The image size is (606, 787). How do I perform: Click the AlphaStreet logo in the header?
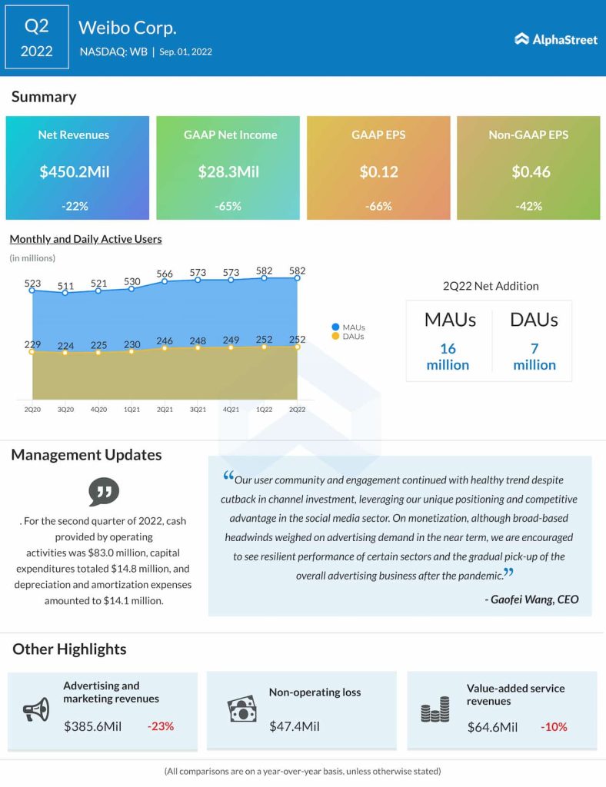[x=555, y=39]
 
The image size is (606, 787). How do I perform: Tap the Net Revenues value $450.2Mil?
[x=75, y=171]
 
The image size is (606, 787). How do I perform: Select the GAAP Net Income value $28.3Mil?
[x=228, y=171]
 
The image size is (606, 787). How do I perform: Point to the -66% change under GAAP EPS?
[x=378, y=206]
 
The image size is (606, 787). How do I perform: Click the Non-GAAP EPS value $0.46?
[x=531, y=171]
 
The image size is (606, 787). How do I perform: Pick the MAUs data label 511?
[x=65, y=287]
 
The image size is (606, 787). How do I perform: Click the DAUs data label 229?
[x=32, y=344]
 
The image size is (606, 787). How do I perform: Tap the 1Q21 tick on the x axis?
[x=132, y=410]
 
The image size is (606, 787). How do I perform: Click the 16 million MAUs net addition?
[x=448, y=357]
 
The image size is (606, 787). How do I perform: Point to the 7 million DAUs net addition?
[x=534, y=357]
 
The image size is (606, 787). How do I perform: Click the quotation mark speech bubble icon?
[x=104, y=491]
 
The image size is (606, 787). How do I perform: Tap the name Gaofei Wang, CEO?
[x=535, y=599]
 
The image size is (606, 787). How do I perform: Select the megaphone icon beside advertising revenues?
[x=36, y=709]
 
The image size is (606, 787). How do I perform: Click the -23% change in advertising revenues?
[x=160, y=726]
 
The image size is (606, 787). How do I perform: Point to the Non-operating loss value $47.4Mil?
[x=295, y=726]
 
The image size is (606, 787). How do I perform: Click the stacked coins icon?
[x=435, y=709]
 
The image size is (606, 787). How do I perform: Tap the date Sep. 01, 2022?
[x=185, y=52]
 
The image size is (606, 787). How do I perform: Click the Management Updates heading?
[x=86, y=455]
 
